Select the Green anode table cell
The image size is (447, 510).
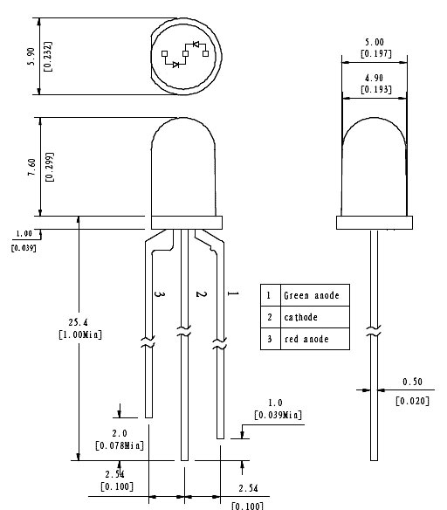(312, 295)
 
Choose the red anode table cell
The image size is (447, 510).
(306, 339)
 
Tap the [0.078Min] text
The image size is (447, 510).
(120, 446)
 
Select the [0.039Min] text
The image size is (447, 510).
(278, 414)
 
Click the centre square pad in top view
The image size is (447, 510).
(185, 55)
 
